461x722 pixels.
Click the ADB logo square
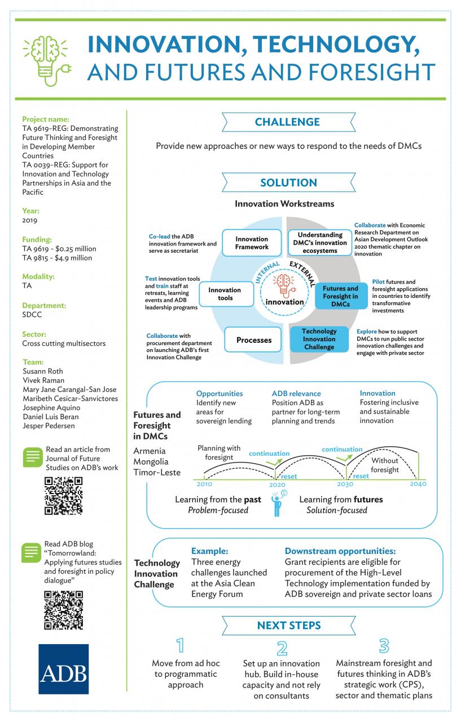[x=64, y=669]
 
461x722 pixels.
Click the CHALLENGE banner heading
[x=288, y=122]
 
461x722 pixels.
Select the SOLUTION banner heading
[x=288, y=182]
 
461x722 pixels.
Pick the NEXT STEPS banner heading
[x=288, y=626]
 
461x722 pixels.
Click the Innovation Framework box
[x=252, y=243]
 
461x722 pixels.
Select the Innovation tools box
[x=226, y=294]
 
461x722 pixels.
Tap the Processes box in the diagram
[x=253, y=340]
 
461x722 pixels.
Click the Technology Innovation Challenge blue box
[x=319, y=339]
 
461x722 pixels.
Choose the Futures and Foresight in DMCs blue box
[x=341, y=296]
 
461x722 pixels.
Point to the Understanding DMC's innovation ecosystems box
[x=320, y=243]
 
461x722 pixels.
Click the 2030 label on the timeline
[x=345, y=484]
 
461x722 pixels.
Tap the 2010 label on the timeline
[x=204, y=484]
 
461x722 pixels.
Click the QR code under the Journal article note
[x=64, y=496]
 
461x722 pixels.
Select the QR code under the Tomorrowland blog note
[x=64, y=610]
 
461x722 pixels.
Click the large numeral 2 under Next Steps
[x=282, y=648]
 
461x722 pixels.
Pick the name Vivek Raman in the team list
[x=43, y=380]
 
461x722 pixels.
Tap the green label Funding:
[x=37, y=240]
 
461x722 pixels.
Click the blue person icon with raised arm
[x=278, y=504]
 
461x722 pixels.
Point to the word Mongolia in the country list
[x=151, y=462]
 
